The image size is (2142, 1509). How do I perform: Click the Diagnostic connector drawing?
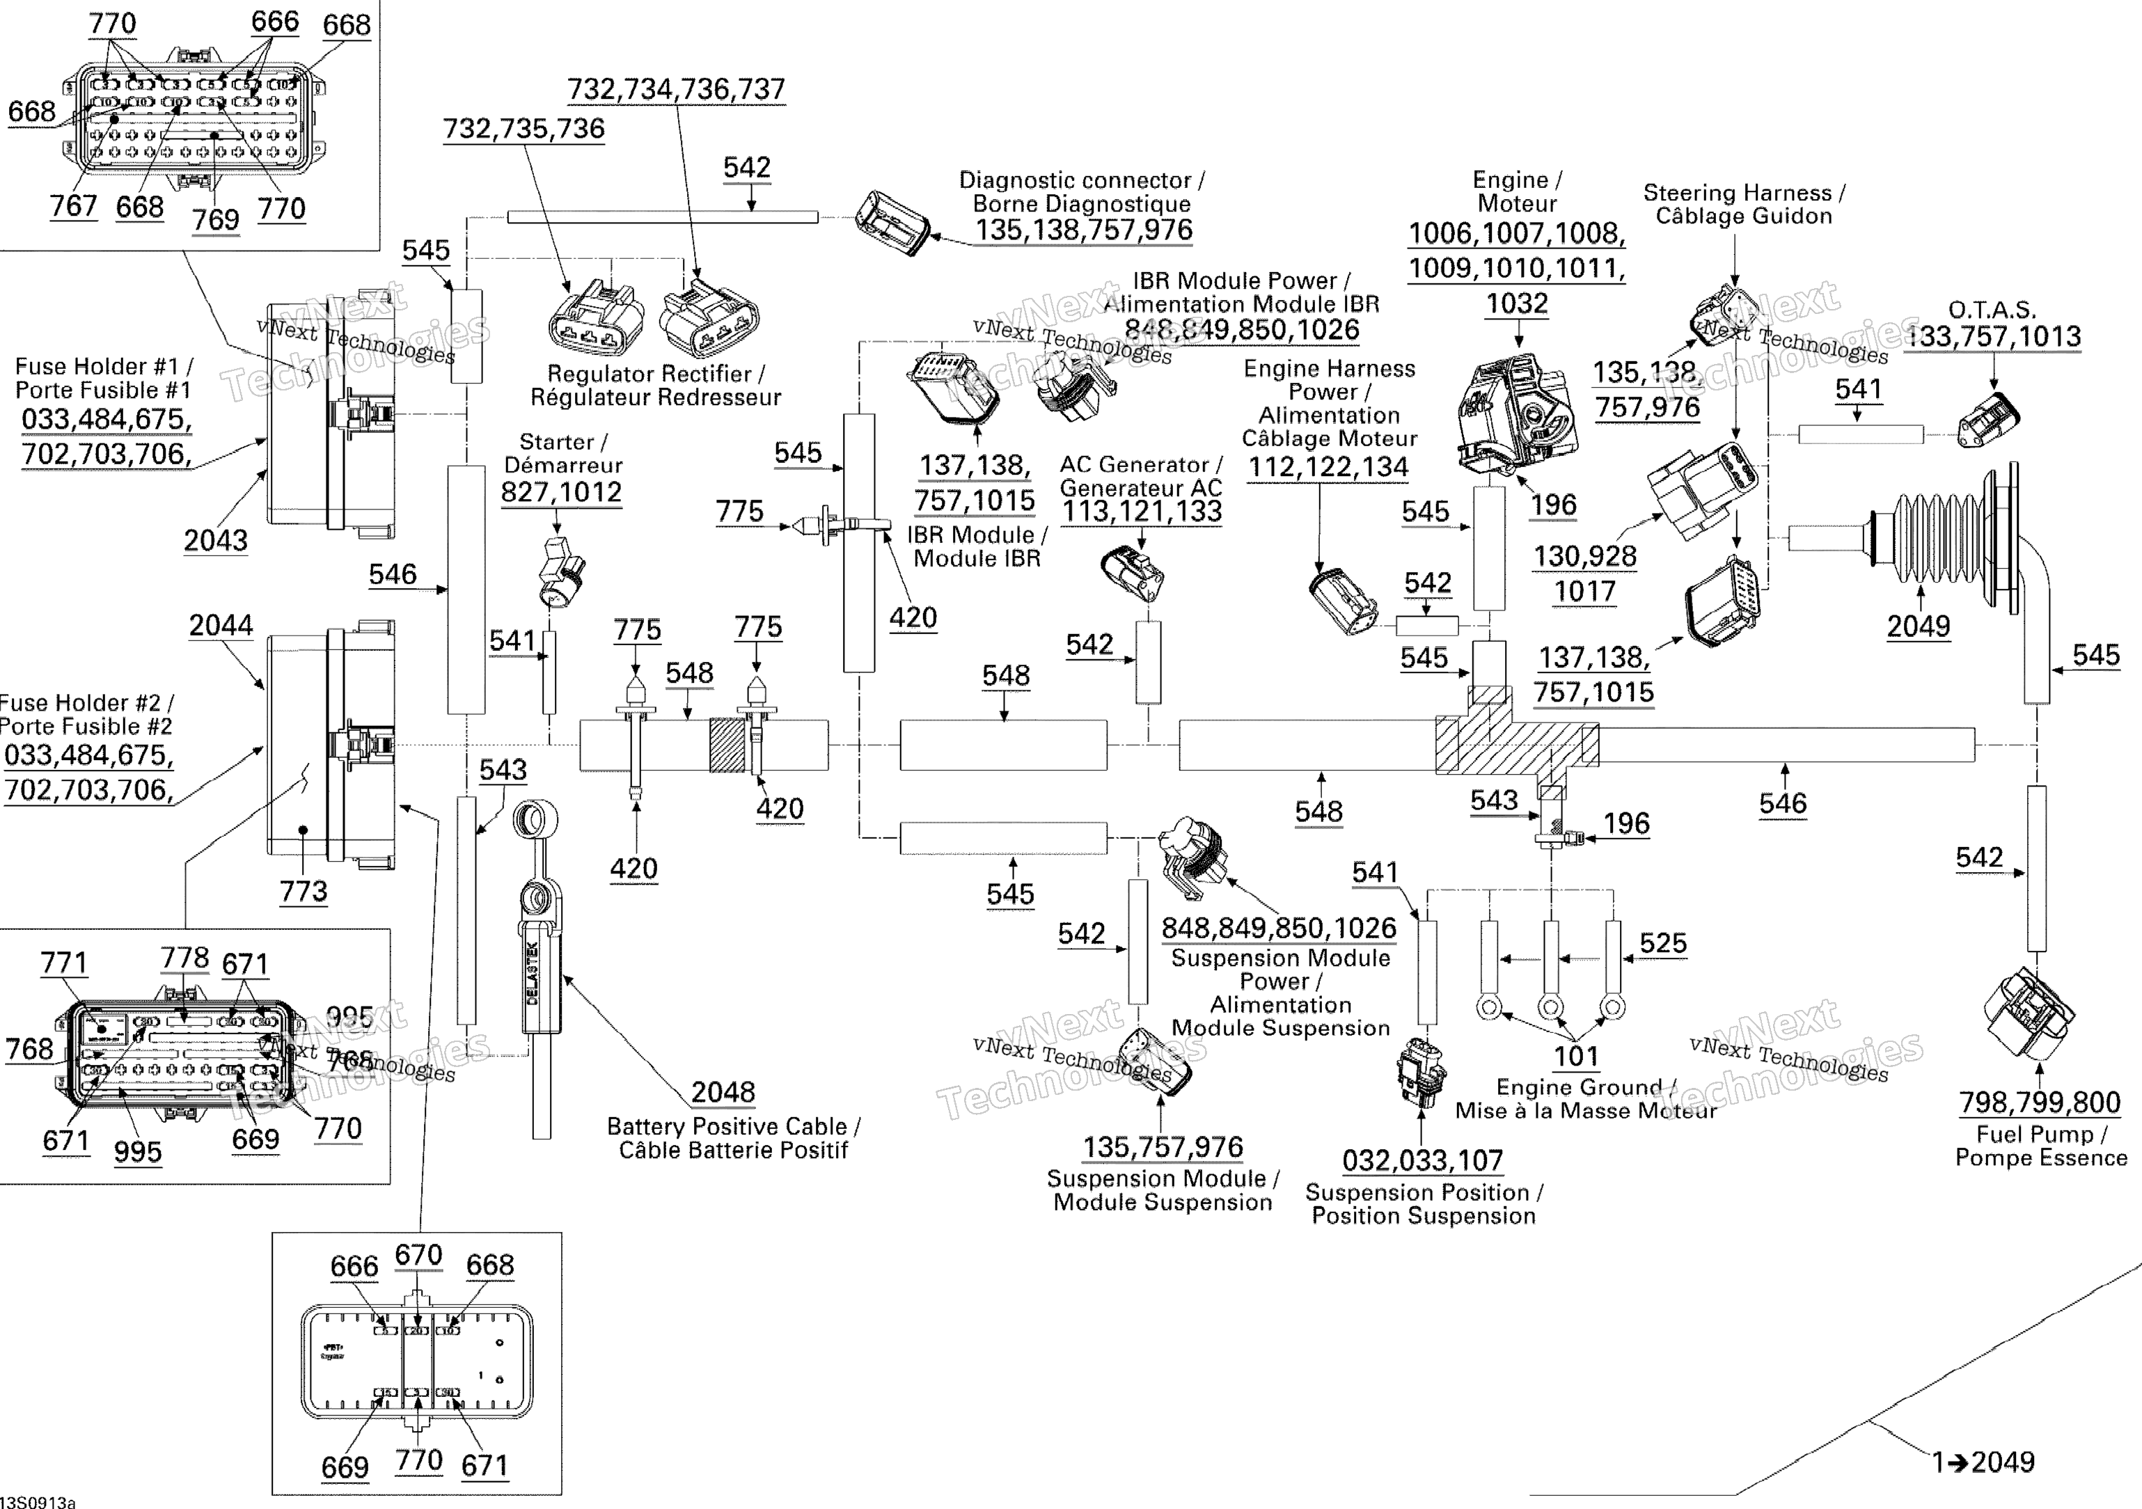click(x=892, y=222)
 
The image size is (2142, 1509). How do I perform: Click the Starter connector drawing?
click(x=560, y=569)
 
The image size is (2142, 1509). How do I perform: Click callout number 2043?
click(x=216, y=540)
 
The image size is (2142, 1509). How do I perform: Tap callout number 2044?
click(x=221, y=625)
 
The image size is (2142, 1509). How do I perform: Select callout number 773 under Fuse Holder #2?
click(x=304, y=892)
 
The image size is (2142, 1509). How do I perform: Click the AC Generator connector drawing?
click(x=1132, y=574)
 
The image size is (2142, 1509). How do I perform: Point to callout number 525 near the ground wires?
click(x=1662, y=943)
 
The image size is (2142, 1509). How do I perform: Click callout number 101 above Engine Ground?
click(x=1576, y=1057)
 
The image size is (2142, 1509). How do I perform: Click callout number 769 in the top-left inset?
click(x=216, y=220)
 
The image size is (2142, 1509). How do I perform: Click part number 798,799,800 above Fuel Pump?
click(x=2040, y=1103)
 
